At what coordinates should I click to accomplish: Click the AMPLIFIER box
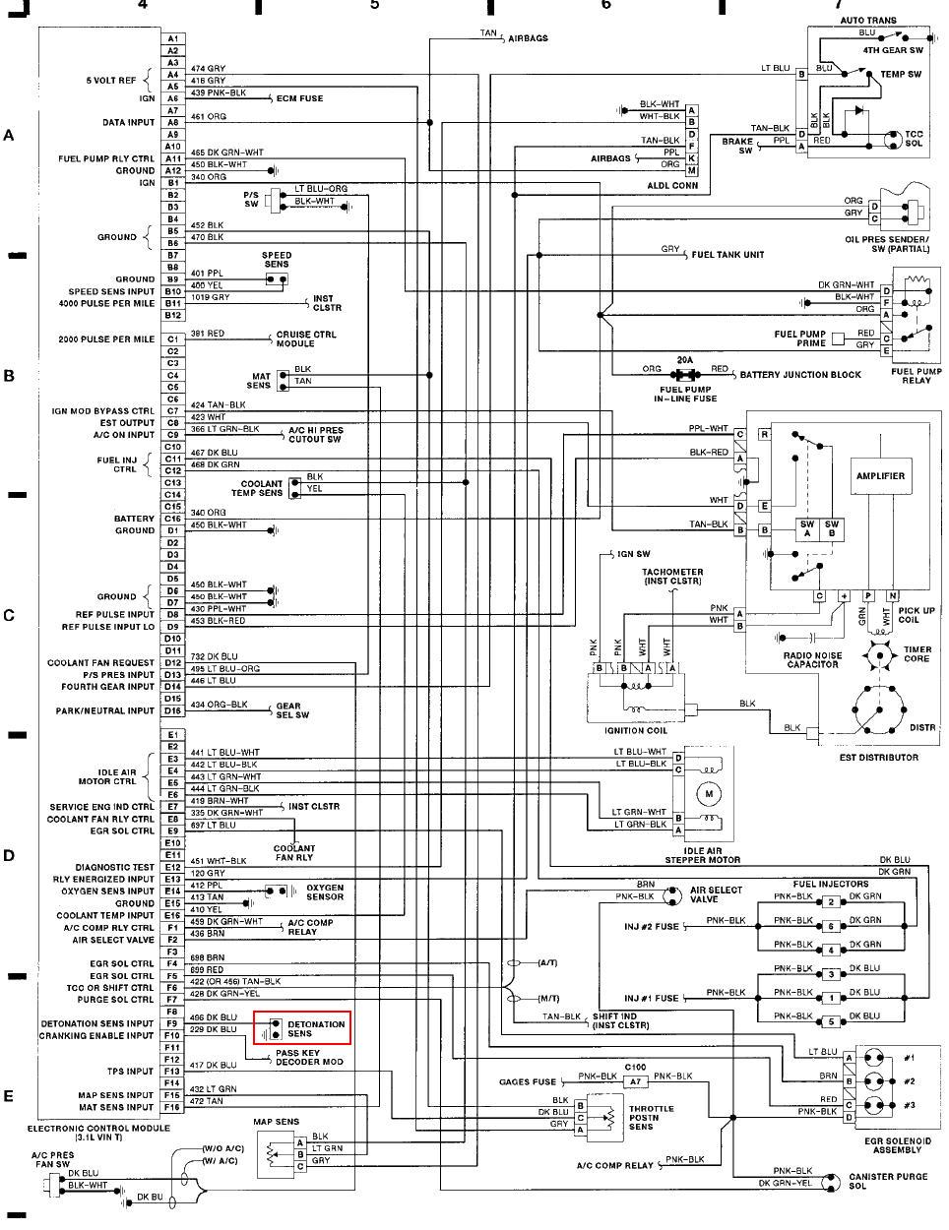[880, 476]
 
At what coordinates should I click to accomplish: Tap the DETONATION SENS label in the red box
[316, 1029]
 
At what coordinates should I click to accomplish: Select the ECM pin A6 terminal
[172, 98]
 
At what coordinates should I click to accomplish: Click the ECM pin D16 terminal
[172, 710]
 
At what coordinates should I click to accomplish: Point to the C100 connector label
[635, 1067]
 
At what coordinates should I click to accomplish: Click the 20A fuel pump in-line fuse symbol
[684, 375]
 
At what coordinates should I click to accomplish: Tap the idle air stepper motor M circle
[708, 793]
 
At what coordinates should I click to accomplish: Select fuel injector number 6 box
[831, 926]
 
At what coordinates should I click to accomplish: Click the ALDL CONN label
[672, 185]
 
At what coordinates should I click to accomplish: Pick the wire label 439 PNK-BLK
[218, 92]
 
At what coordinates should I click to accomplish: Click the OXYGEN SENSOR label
[325, 892]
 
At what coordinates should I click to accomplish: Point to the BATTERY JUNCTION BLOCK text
[800, 375]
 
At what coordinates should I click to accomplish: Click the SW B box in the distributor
[832, 528]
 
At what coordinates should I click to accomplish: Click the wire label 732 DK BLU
[214, 656]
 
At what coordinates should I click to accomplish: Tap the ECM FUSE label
[299, 98]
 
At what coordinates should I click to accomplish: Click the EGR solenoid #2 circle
[874, 1081]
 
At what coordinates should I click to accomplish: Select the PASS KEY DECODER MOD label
[310, 1058]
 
